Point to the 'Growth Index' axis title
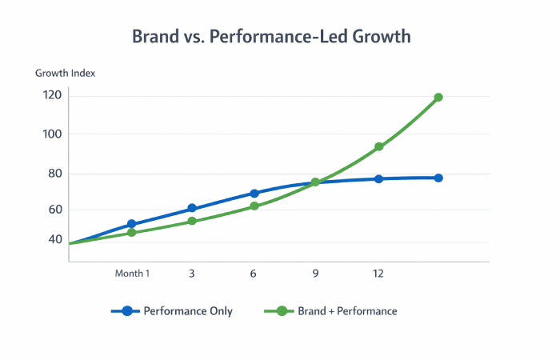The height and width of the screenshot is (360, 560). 65,74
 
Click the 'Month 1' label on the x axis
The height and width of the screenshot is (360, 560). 132,274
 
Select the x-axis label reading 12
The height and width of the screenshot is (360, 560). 378,274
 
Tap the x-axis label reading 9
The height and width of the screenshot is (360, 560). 315,274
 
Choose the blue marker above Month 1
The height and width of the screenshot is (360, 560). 132,225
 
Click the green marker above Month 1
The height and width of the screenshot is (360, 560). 132,233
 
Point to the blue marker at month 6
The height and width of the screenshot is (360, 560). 254,194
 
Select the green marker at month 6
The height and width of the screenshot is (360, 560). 254,206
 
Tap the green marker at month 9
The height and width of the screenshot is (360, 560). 315,182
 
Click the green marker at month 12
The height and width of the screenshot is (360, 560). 379,147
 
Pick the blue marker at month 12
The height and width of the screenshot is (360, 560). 379,178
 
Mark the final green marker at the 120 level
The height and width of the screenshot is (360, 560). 438,98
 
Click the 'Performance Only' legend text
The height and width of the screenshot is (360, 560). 188,311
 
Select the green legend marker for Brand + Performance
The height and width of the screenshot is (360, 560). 282,311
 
